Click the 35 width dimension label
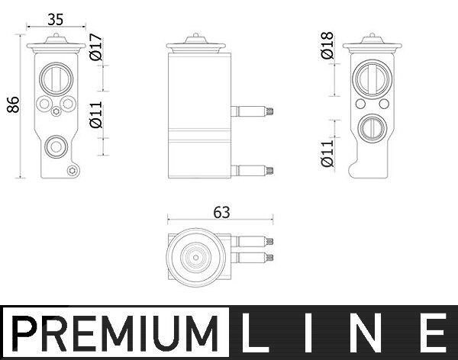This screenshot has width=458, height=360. tap(55, 20)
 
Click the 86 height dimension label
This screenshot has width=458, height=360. tap(13, 104)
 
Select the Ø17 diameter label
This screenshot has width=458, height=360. tap(96, 47)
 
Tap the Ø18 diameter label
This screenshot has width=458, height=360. tap(327, 45)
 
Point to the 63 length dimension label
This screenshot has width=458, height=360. tap(221, 213)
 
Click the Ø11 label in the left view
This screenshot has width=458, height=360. tap(96, 114)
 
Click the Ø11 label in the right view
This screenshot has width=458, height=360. tap(327, 153)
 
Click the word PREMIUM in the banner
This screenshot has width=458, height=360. tap(115, 334)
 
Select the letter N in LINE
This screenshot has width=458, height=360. tap(365, 333)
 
